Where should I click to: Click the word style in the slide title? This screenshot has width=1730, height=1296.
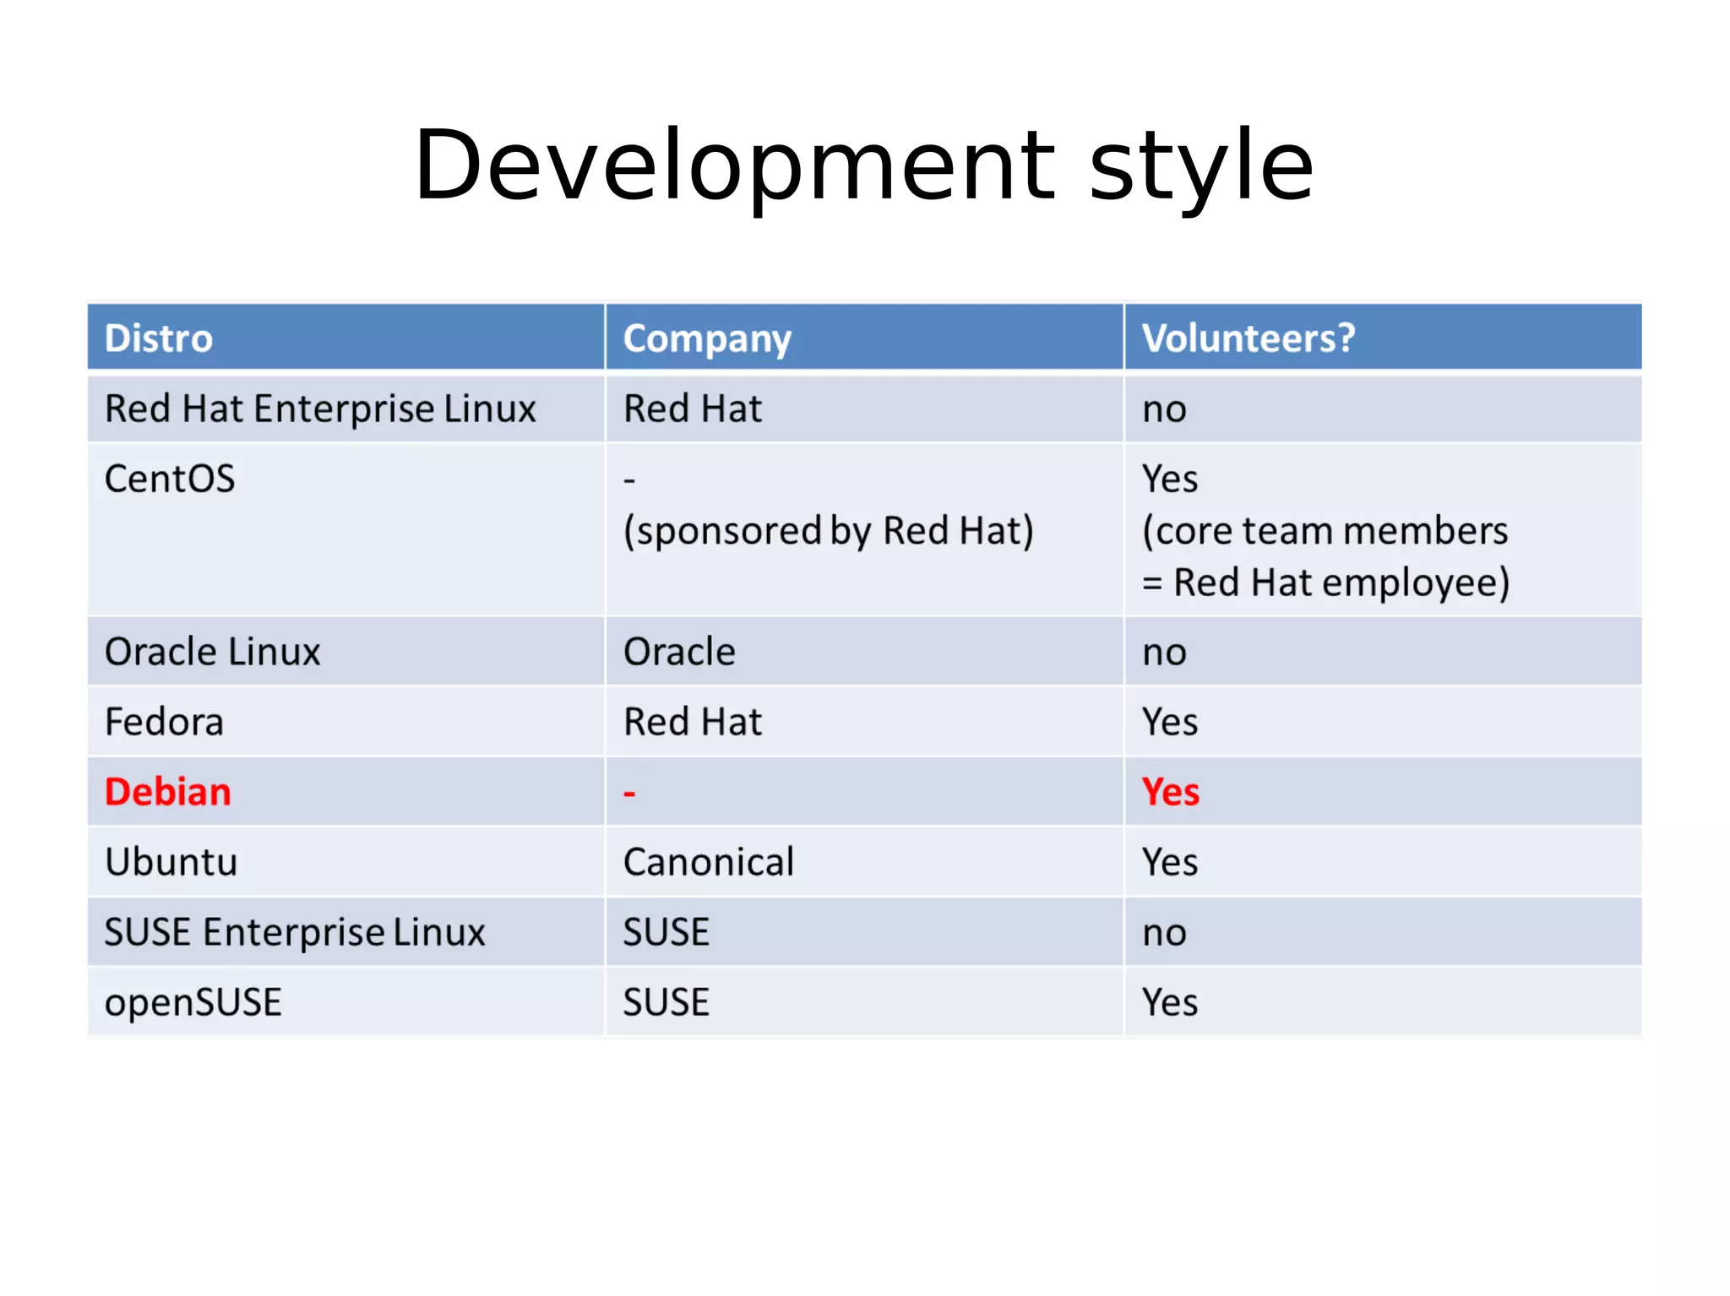pos(1201,165)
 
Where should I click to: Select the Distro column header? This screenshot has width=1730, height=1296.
pos(158,339)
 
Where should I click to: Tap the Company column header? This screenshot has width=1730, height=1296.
pos(707,339)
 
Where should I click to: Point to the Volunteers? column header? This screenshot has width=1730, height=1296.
pos(1249,339)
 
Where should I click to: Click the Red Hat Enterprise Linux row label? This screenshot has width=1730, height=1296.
pos(320,409)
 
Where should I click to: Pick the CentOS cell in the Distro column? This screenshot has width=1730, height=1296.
pos(170,479)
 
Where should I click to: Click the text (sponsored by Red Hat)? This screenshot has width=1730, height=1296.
pos(828,531)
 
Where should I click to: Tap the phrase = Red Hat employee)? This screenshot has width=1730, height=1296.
pos(1325,583)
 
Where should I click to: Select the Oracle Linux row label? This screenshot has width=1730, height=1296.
pos(212,652)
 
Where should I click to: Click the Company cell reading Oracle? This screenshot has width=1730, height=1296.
pos(679,652)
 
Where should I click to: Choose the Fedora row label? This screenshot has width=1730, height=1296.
pos(164,722)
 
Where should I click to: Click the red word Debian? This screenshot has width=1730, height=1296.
pos(167,792)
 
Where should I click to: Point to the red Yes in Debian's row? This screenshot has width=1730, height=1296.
pos(1170,792)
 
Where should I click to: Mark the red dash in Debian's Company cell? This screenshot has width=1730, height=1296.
pos(629,794)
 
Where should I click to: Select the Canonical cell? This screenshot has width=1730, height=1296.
pos(709,862)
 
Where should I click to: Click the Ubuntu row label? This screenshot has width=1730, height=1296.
pos(171,862)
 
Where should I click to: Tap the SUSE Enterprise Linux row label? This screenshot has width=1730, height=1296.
pos(295,932)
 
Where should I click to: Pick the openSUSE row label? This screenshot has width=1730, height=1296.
pos(193,1002)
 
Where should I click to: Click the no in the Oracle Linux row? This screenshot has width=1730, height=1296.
pos(1164,653)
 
